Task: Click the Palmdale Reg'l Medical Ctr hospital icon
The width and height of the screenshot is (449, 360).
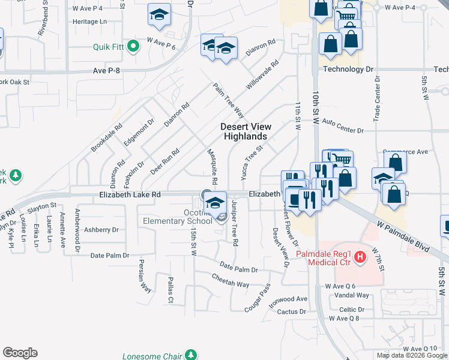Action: tap(360, 258)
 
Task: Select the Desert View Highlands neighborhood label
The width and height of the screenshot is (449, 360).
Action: tap(246, 131)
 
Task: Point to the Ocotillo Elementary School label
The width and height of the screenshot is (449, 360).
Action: tap(197, 216)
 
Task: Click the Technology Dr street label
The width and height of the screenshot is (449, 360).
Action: tap(344, 69)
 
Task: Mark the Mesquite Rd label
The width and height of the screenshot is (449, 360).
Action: tap(211, 167)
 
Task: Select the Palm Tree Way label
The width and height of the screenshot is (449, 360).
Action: tap(228, 100)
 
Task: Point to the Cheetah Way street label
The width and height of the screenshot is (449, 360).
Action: tap(230, 279)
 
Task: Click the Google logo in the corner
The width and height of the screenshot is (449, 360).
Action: tap(20, 352)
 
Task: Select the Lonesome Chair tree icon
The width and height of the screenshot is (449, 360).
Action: tap(191, 356)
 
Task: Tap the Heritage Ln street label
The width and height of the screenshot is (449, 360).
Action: tap(89, 21)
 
